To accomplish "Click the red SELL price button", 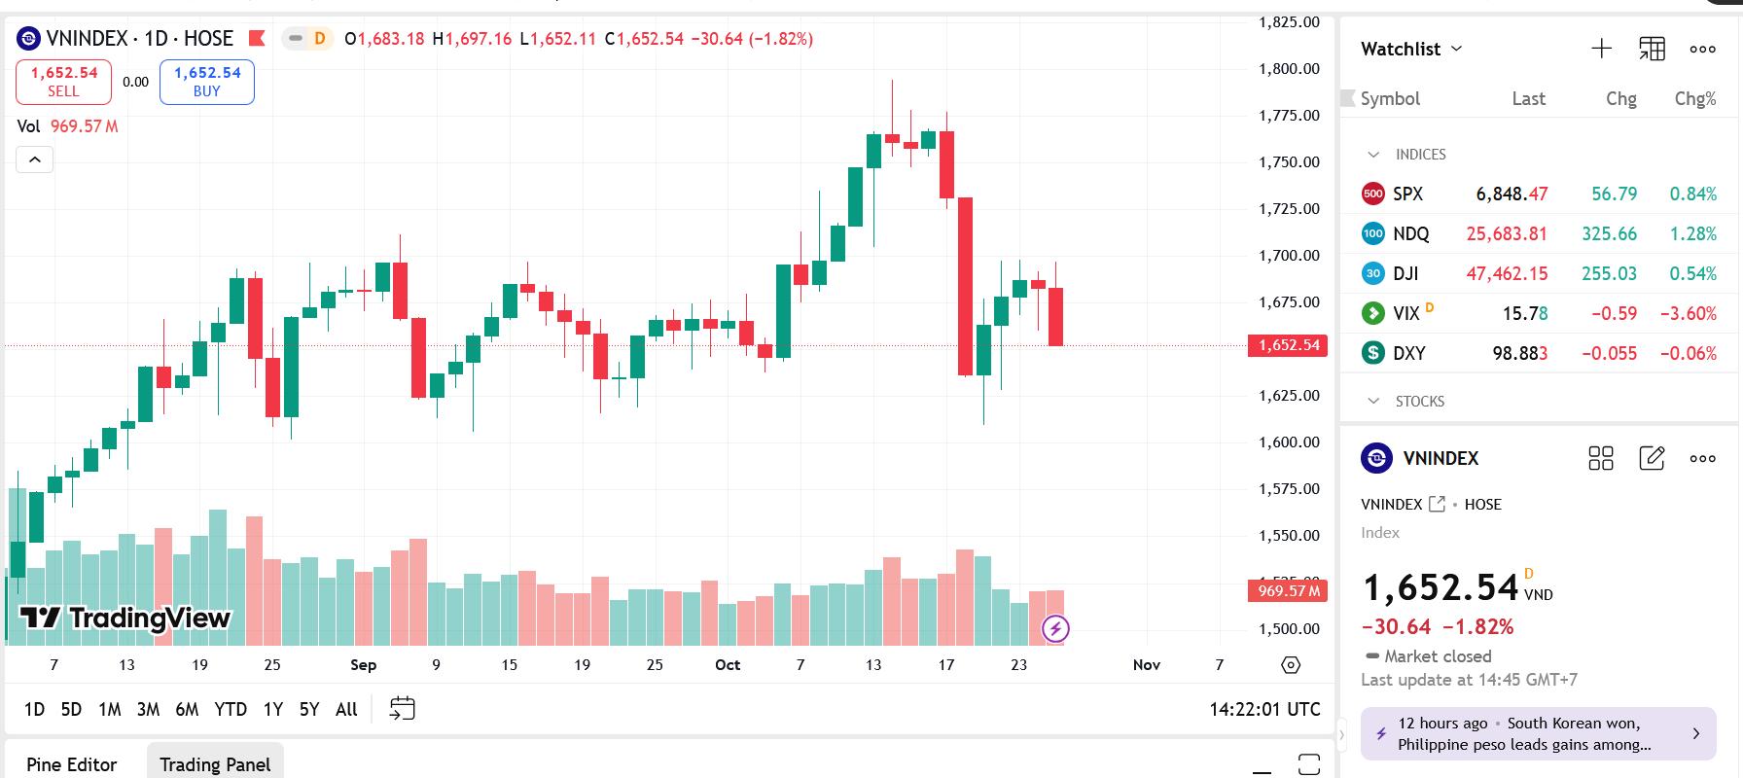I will click(x=63, y=82).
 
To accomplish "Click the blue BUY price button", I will click(x=207, y=82).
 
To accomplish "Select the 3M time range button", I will click(x=148, y=709).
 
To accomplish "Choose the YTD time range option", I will click(x=231, y=709).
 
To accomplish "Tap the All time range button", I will click(x=346, y=709).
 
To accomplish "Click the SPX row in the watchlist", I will click(x=1407, y=194).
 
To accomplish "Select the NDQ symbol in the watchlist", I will click(x=1410, y=233).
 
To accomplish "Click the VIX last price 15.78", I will click(x=1524, y=313).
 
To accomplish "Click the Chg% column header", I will click(x=1694, y=98).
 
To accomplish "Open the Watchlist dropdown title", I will click(x=1411, y=49).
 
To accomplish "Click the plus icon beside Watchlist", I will click(x=1601, y=49).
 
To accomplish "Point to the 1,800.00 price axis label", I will click(x=1289, y=68).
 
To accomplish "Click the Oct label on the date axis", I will click(x=728, y=664).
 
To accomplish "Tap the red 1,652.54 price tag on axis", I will click(x=1288, y=345).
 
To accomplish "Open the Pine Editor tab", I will click(x=71, y=764).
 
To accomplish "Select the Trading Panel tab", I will click(x=215, y=764).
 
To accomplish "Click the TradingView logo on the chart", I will click(x=125, y=618).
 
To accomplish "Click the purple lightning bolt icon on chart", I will click(x=1055, y=628).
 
